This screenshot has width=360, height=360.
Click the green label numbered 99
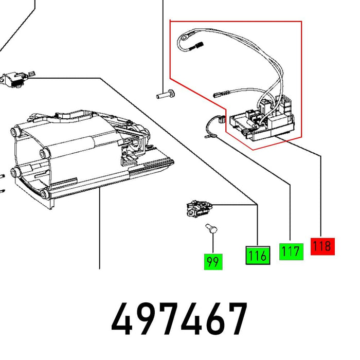pyautogui.click(x=212, y=262)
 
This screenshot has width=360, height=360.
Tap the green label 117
pyautogui.click(x=291, y=251)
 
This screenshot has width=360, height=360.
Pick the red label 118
pyautogui.click(x=322, y=246)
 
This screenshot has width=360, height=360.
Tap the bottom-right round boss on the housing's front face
pyautogui.click(x=44, y=194)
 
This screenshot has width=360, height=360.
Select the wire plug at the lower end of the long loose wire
pyautogui.click(x=219, y=95)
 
